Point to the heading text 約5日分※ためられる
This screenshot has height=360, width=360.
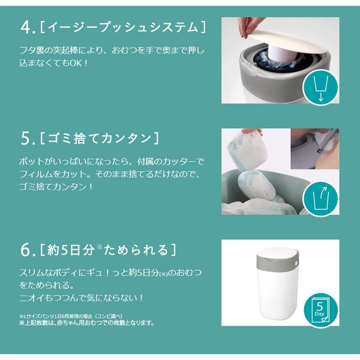108,250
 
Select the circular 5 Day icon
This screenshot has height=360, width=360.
320,309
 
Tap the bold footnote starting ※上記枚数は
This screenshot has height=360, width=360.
86,323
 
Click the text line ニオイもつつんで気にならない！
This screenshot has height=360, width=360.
81,298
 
